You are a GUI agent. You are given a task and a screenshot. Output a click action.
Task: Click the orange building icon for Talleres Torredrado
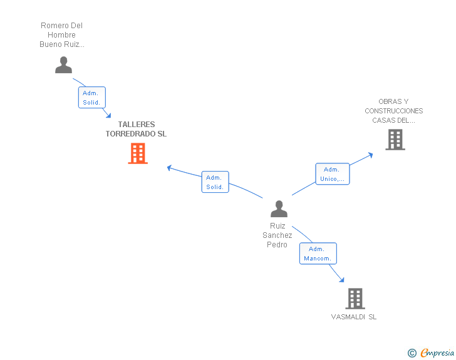pyautogui.click(x=138, y=153)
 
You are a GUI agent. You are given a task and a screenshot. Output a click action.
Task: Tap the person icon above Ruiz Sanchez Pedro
pyautogui.click(x=279, y=208)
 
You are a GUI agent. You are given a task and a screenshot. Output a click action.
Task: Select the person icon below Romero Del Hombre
pyautogui.click(x=63, y=65)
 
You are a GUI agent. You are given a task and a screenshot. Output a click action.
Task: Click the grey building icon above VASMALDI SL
pyautogui.click(x=355, y=299)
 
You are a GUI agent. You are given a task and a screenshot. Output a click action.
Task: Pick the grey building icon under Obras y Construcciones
pyautogui.click(x=395, y=140)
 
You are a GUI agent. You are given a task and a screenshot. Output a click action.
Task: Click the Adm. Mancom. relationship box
pyautogui.click(x=318, y=254)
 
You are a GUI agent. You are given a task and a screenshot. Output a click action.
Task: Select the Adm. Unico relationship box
pyautogui.click(x=333, y=174)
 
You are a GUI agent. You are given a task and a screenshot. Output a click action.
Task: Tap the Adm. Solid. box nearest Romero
pyautogui.click(x=92, y=98)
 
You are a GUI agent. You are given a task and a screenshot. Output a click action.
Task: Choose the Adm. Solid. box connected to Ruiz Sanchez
pyautogui.click(x=215, y=182)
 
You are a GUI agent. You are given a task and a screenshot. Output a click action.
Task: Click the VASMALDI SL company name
pyautogui.click(x=354, y=317)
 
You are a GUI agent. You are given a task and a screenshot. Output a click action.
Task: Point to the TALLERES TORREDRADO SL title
pyautogui.click(x=136, y=129)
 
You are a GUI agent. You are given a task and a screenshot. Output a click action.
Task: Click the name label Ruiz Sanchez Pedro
pyautogui.click(x=277, y=235)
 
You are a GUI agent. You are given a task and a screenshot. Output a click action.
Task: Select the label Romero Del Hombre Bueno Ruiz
pyautogui.click(x=61, y=35)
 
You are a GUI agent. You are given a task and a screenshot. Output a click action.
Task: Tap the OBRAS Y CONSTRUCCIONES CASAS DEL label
pyautogui.click(x=394, y=111)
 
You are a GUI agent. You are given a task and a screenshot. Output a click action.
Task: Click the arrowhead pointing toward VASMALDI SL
pyautogui.click(x=342, y=280)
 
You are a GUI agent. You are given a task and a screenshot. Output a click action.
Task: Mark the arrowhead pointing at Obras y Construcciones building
pyautogui.click(x=371, y=155)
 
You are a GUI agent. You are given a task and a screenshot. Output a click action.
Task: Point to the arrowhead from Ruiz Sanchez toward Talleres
pyautogui.click(x=169, y=168)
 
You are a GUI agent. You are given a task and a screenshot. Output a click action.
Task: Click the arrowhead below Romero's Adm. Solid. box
pyautogui.click(x=108, y=115)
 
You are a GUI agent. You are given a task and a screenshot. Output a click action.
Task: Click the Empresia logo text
pyautogui.click(x=437, y=353)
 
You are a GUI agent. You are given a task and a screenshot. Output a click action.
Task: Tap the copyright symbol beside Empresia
pyautogui.click(x=412, y=353)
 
